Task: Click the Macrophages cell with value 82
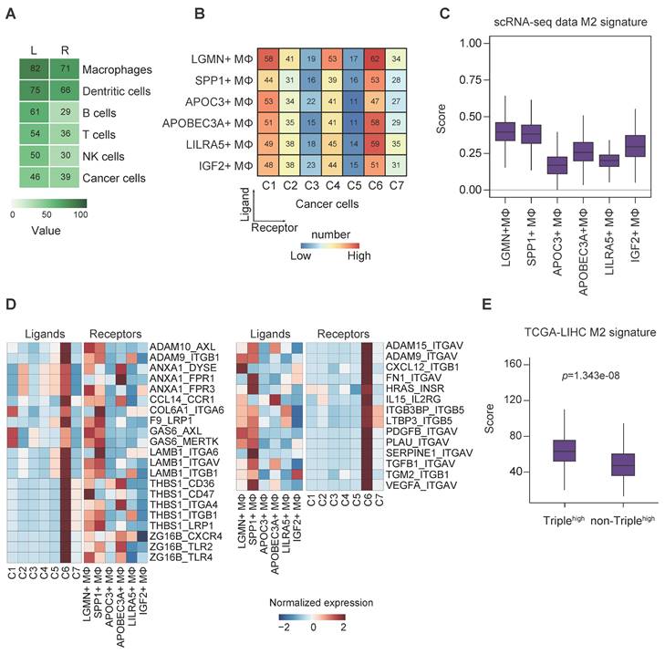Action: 33,69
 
